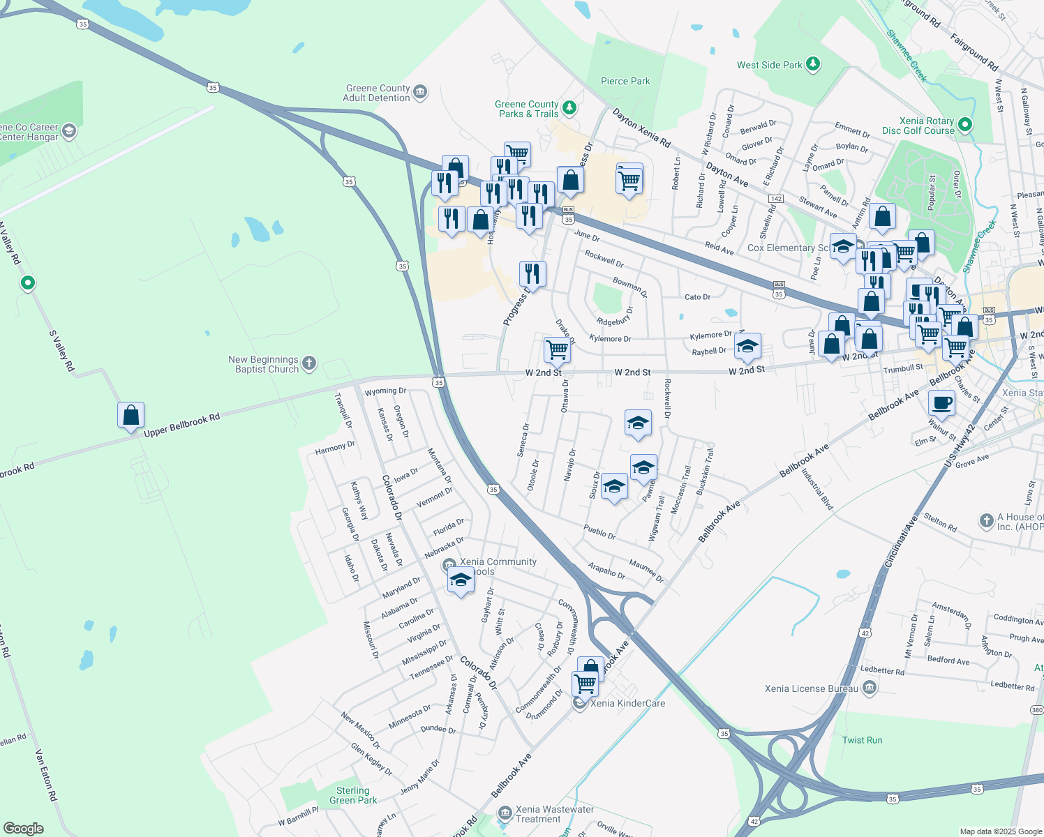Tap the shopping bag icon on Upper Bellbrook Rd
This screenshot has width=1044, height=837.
click(131, 415)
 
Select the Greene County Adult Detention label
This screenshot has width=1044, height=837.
click(377, 93)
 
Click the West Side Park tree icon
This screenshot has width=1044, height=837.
click(812, 64)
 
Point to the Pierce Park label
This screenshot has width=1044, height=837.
click(625, 81)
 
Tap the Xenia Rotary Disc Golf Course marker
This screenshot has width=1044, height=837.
click(965, 125)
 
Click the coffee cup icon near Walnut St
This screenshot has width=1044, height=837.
click(941, 403)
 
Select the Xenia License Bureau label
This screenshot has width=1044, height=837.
click(812, 688)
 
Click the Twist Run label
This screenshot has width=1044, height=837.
click(862, 740)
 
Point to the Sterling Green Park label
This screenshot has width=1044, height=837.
click(353, 795)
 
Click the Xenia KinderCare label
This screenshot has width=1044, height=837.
click(627, 703)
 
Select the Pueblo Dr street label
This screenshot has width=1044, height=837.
click(599, 531)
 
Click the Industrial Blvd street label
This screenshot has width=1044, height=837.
click(817, 489)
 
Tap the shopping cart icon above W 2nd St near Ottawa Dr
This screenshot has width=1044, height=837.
click(557, 349)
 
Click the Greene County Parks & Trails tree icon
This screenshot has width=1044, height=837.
click(569, 107)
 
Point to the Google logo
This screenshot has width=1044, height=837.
click(24, 829)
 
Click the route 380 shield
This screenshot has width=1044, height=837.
click(1037, 709)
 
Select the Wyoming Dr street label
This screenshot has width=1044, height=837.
click(385, 391)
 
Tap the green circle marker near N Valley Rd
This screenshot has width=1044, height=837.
click(28, 283)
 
